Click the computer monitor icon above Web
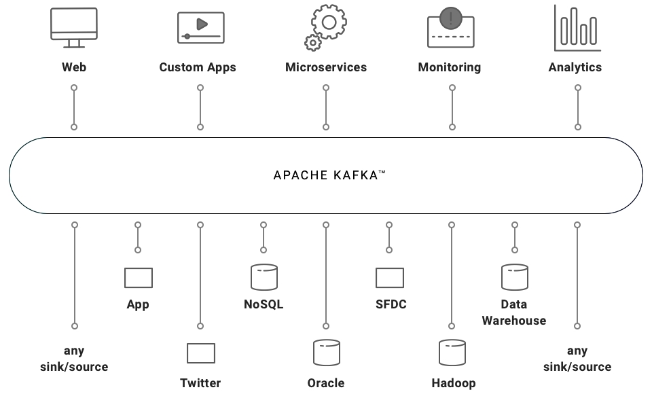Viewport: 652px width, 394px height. point(74,26)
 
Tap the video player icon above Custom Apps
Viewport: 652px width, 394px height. point(200,27)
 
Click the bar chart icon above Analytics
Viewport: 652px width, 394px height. point(577,29)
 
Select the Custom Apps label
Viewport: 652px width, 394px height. point(198,67)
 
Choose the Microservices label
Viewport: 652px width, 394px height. point(326,67)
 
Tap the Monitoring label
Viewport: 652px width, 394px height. point(450,67)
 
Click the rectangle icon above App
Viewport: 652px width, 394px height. point(139,278)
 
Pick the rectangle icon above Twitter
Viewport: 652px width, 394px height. point(201,353)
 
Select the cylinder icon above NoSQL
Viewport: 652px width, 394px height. point(264,277)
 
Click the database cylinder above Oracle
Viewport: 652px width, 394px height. point(327,353)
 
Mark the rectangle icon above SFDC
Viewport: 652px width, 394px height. point(390,278)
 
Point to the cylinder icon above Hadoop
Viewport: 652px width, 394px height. point(452,353)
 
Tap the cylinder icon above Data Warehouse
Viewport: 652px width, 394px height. point(515,277)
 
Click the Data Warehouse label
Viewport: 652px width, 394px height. point(514,312)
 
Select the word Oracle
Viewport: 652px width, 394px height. point(326,383)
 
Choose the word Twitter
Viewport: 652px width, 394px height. point(200,383)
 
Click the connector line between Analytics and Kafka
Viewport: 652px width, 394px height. point(578,107)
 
